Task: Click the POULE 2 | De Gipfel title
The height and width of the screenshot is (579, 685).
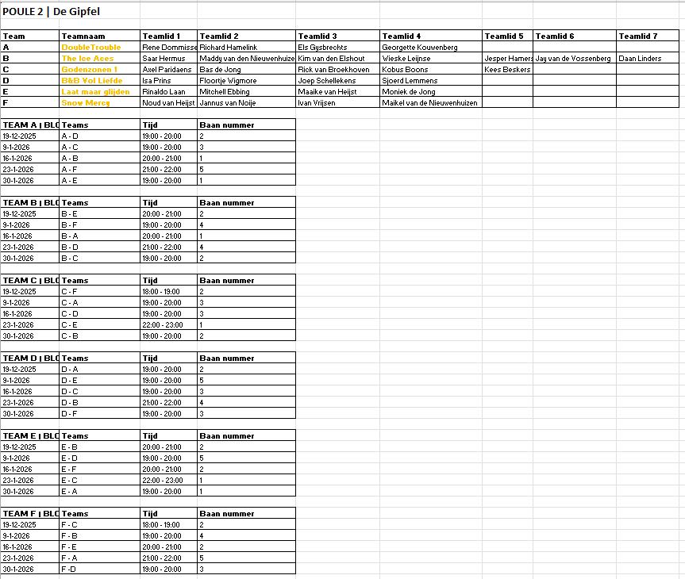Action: point(51,12)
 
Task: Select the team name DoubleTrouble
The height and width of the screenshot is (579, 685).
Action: point(91,48)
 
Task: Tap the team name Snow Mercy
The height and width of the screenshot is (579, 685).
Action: point(86,103)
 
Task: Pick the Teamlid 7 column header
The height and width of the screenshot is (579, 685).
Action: point(638,36)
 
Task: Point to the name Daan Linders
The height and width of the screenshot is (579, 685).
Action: point(640,59)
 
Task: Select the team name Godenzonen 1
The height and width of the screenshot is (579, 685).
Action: point(89,70)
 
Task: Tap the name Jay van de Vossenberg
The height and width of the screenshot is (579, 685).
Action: point(573,59)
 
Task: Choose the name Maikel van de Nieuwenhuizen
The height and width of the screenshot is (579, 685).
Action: point(429,103)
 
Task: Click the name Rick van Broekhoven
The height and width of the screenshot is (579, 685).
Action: point(333,70)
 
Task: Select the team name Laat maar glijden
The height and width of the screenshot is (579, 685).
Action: point(95,92)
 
